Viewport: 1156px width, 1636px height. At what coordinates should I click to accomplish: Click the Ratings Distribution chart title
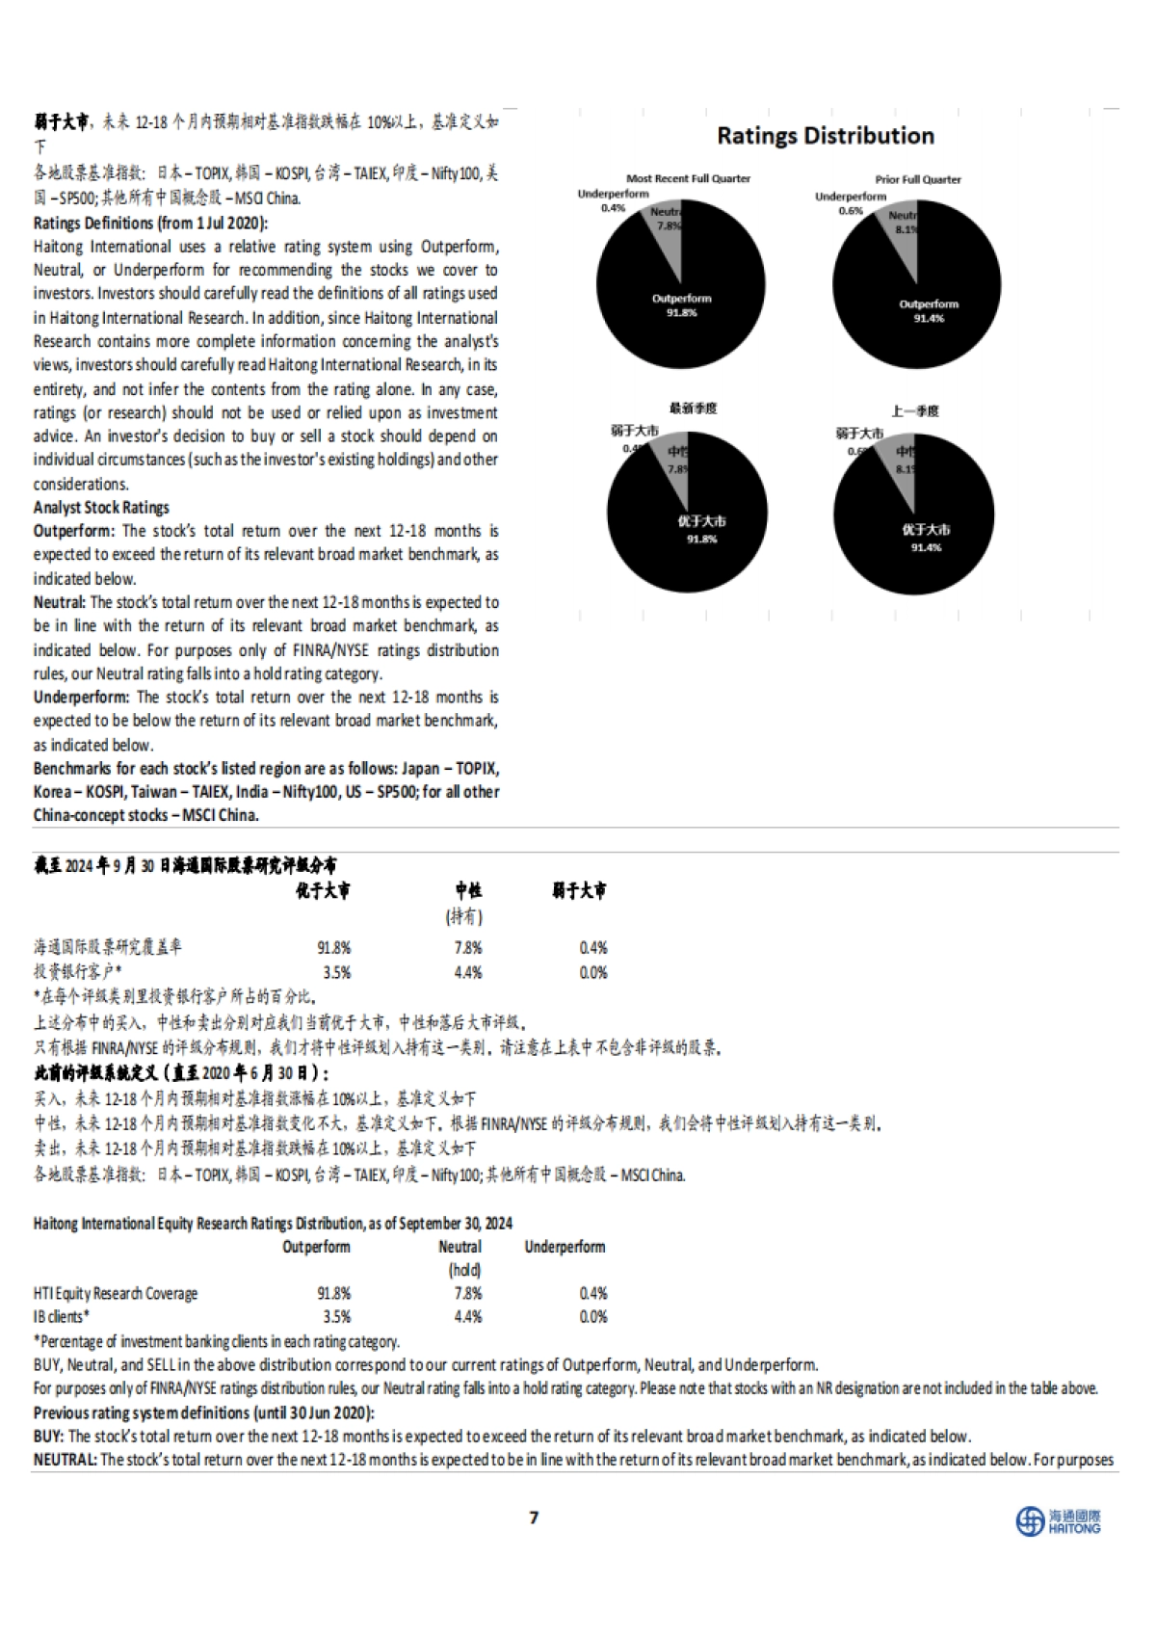click(826, 136)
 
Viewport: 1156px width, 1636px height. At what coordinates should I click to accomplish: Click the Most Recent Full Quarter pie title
click(688, 178)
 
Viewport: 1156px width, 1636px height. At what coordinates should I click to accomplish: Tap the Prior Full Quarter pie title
click(918, 179)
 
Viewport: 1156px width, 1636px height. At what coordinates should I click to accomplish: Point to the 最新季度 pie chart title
click(694, 409)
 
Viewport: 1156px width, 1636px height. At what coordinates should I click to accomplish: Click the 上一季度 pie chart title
click(914, 411)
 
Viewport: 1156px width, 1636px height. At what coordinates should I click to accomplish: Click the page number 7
click(534, 1517)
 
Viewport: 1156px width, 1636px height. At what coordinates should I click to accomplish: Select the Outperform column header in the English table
click(316, 1247)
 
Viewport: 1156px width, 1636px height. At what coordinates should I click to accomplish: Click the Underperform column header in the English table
click(565, 1247)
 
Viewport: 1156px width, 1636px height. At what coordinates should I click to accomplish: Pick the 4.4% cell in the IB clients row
click(468, 1316)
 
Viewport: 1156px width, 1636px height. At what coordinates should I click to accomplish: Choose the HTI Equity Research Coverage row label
click(116, 1293)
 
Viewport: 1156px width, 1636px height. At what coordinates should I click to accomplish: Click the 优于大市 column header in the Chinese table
click(323, 891)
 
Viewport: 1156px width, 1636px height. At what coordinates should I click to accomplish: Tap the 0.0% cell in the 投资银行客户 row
click(593, 972)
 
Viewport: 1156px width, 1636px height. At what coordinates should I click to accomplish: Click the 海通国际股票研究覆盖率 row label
click(108, 947)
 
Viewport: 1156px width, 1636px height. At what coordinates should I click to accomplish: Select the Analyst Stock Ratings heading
click(101, 508)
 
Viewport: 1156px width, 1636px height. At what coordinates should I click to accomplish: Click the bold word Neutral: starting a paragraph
click(60, 602)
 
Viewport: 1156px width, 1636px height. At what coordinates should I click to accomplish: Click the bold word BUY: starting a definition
click(49, 1436)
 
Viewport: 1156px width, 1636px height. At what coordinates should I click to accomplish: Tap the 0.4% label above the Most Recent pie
click(613, 208)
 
